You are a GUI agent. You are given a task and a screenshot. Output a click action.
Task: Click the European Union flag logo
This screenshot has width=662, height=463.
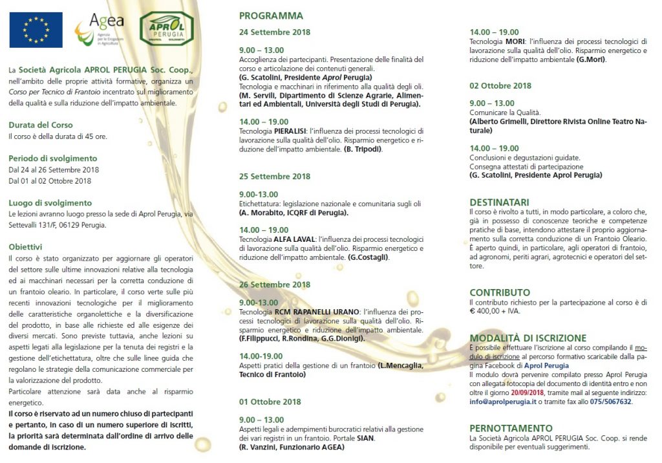[36, 30]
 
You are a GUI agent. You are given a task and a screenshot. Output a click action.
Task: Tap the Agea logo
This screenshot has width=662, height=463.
[98, 30]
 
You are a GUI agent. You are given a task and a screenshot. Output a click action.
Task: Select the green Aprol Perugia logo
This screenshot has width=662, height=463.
[166, 28]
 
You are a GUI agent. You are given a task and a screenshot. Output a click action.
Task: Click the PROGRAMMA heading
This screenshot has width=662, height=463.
[271, 16]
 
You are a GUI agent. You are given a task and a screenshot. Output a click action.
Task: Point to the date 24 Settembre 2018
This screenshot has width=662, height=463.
[275, 32]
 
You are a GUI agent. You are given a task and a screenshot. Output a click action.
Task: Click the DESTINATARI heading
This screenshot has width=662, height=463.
[499, 202]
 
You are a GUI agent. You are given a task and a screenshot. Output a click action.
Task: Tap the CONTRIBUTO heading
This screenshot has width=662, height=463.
[500, 292]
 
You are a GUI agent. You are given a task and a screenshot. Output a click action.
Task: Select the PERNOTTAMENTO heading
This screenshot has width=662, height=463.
[511, 428]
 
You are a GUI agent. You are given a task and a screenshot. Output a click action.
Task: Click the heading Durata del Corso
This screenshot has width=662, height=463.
[41, 125]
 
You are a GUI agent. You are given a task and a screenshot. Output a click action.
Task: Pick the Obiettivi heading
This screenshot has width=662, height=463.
[26, 246]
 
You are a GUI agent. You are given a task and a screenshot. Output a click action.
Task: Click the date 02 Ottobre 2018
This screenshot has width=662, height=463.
[500, 85]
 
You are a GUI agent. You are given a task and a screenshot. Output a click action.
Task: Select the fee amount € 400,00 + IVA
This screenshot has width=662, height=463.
[495, 310]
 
